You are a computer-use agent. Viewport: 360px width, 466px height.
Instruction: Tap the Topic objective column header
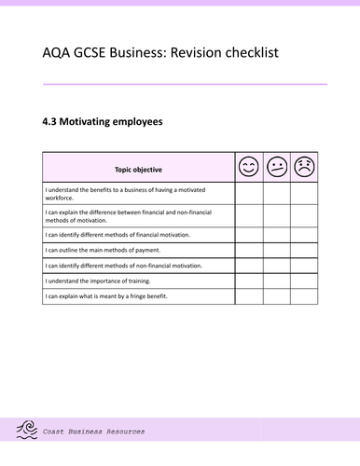tap(138, 169)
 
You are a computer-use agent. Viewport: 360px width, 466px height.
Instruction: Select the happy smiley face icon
tap(248, 168)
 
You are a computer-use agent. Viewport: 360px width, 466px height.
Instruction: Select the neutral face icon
tap(276, 168)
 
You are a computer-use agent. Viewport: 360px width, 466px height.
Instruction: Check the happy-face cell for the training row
tap(248, 281)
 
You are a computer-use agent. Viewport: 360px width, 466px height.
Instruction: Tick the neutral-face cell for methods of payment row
tap(276, 250)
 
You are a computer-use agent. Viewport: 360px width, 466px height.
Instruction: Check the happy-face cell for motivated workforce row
tap(248, 192)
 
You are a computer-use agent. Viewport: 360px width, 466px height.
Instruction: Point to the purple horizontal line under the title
tap(185, 84)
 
